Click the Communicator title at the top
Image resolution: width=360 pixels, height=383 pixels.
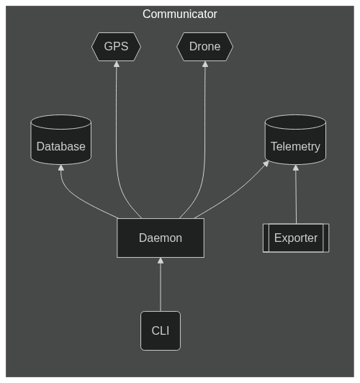point(180,14)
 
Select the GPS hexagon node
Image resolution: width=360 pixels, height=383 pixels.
point(116,47)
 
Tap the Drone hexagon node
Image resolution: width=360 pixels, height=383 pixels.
point(205,47)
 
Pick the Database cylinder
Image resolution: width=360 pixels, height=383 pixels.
point(61,140)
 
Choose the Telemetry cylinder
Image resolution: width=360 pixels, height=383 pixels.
point(295,140)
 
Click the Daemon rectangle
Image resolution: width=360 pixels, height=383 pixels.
point(161,238)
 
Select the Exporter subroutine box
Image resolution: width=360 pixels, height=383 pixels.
point(296,238)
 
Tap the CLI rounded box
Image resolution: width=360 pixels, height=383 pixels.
point(161,330)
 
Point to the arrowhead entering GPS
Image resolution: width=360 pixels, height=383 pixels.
point(117,64)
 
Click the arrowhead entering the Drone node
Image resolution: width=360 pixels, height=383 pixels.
point(205,64)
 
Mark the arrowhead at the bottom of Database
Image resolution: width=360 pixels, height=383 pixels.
point(61,168)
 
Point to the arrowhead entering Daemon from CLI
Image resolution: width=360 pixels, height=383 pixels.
point(161,261)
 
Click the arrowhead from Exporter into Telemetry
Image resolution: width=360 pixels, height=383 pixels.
point(296,168)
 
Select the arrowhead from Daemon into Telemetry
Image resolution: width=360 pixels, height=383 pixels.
point(266,163)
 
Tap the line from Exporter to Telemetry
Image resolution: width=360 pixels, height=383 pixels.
point(296,197)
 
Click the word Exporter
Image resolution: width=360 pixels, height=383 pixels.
point(296,238)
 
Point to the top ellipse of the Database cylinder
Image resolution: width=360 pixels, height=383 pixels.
point(61,122)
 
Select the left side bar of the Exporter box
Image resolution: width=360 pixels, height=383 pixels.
point(266,238)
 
